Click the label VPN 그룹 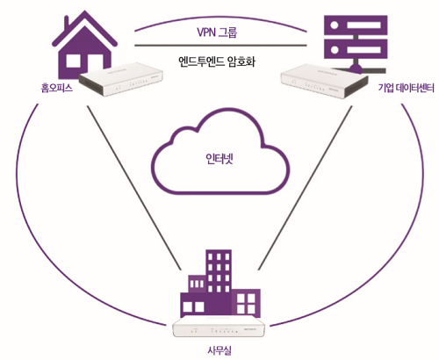(217, 32)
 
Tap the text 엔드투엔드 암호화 (217, 61)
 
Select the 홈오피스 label (56, 88)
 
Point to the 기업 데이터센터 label (406, 88)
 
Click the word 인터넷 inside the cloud (219, 159)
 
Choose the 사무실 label (219, 350)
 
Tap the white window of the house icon (73, 61)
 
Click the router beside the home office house (121, 79)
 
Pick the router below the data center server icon (324, 81)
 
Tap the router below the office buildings (219, 327)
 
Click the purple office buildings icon (220, 284)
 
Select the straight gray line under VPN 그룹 (220, 46)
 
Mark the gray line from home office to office (134, 188)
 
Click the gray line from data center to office (305, 188)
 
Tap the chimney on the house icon (67, 24)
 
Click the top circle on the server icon (335, 25)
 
